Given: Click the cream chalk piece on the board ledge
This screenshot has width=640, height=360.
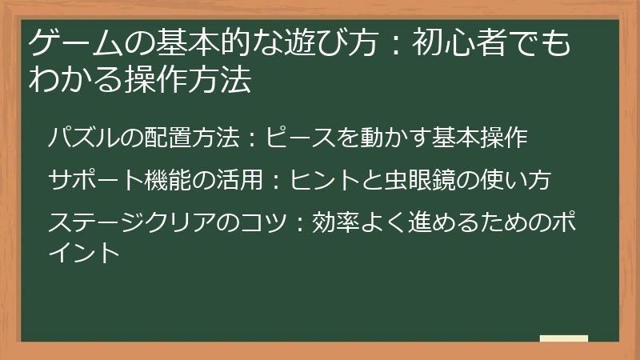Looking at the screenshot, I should point(563,338).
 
